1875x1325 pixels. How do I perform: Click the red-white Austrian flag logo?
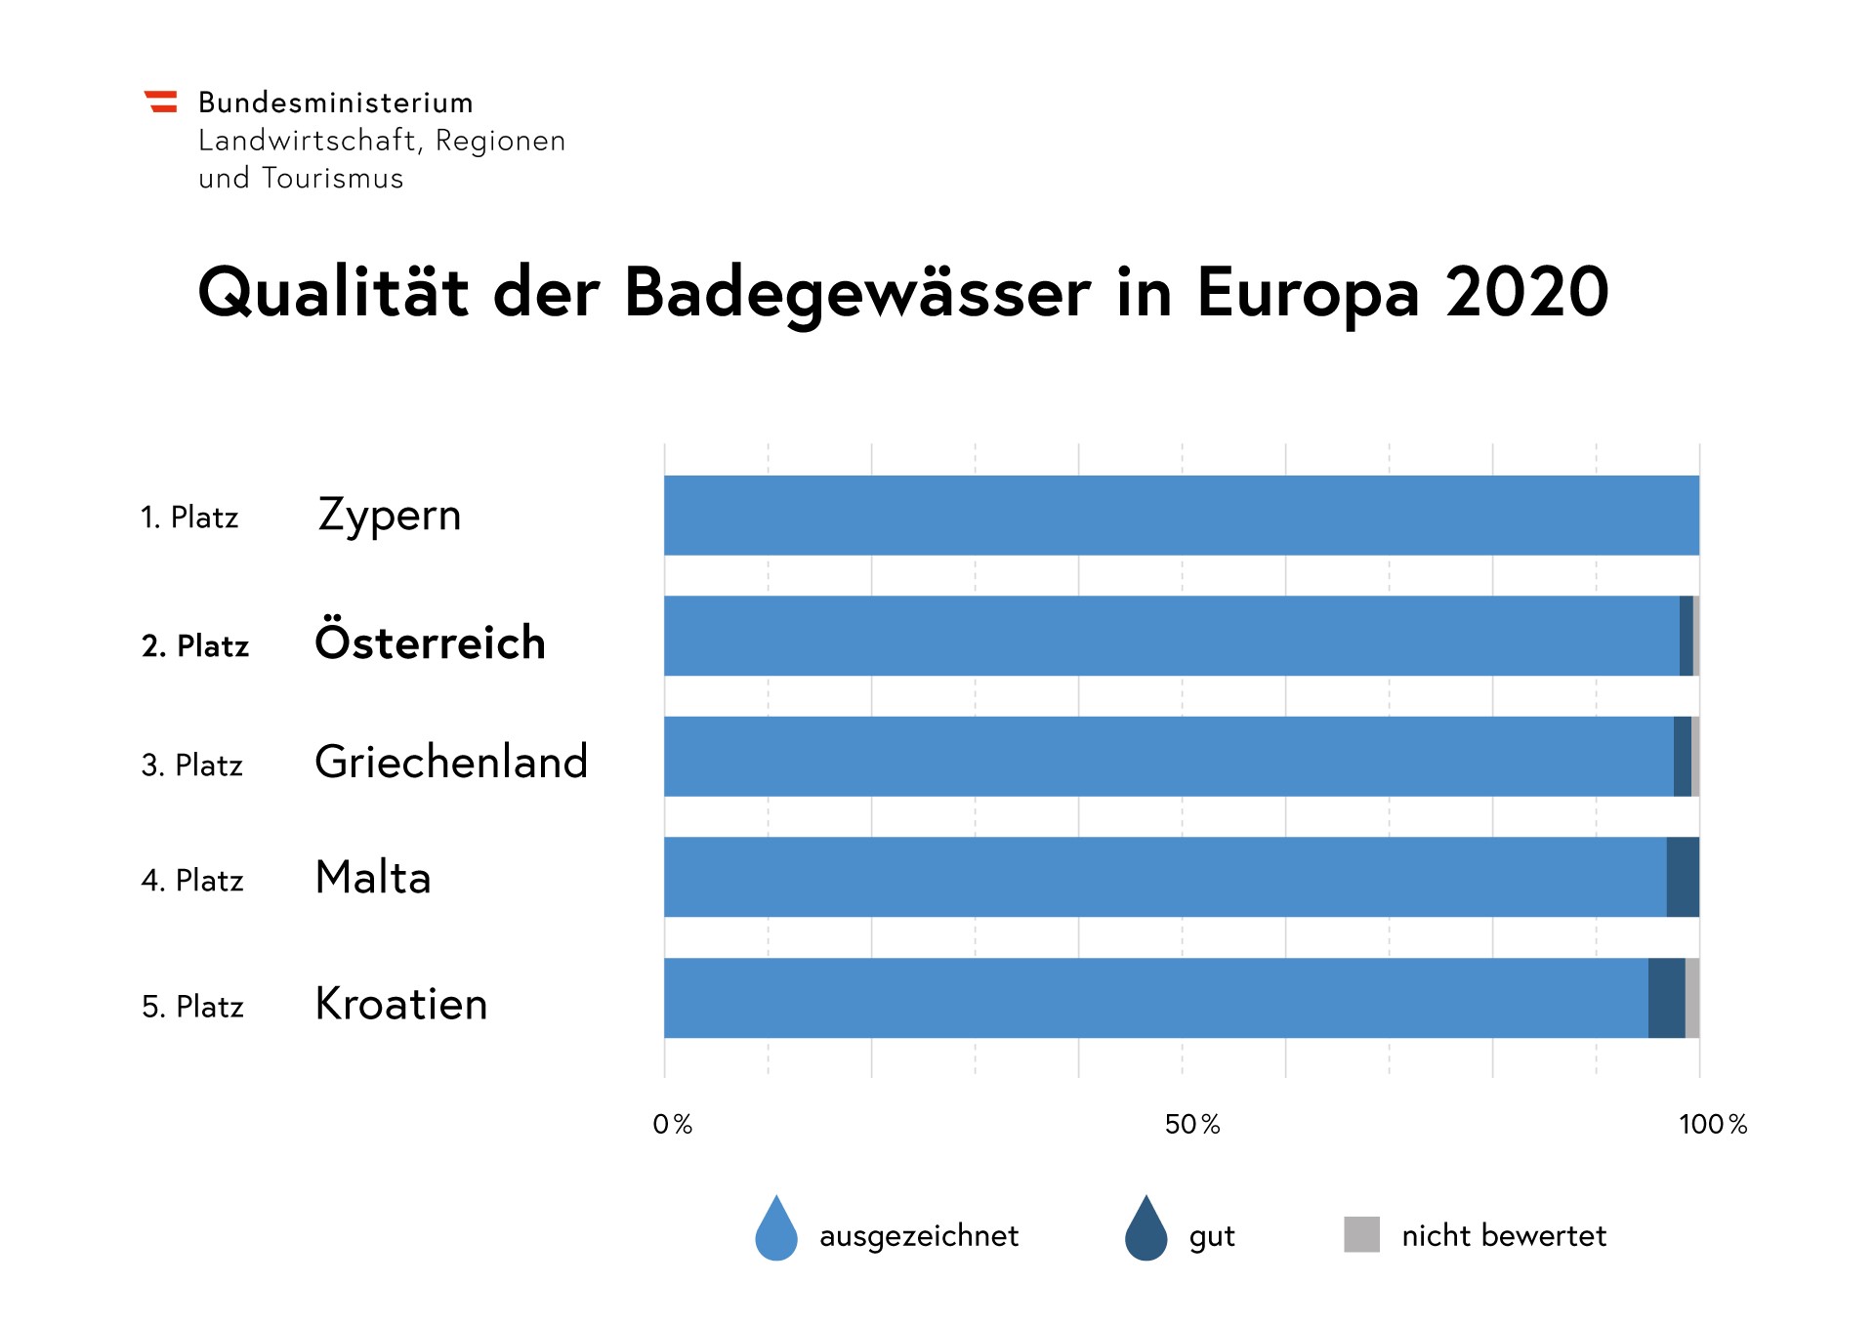(161, 102)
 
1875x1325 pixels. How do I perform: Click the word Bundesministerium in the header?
(335, 103)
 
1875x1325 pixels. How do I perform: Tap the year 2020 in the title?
(1526, 292)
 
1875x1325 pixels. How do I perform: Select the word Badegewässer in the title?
(856, 294)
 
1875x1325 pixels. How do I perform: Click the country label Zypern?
(389, 516)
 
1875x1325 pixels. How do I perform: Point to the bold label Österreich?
(430, 642)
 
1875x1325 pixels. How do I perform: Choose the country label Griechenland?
(451, 762)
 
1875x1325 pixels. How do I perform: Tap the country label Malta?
(373, 877)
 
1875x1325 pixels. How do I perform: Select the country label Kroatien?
(400, 1004)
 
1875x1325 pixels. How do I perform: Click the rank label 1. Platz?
(189, 518)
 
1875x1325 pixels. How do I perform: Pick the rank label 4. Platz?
(192, 881)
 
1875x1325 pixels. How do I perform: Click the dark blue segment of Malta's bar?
(1683, 877)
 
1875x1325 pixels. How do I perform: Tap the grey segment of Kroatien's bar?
(1692, 998)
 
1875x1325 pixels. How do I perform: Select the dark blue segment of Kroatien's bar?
(1666, 998)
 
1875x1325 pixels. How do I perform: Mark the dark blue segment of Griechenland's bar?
(1682, 757)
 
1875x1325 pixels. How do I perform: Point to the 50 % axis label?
(1192, 1125)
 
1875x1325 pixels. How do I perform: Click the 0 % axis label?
(672, 1125)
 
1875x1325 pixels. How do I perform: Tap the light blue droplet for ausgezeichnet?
(776, 1229)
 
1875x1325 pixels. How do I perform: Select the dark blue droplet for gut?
(1146, 1229)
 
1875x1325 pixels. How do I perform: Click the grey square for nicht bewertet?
(1361, 1234)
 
